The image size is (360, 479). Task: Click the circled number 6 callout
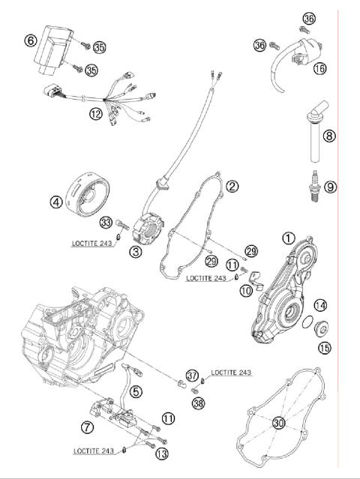click(31, 41)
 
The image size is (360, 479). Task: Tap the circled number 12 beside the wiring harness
click(94, 114)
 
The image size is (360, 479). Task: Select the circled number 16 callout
click(320, 67)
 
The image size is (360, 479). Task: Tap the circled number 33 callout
click(106, 223)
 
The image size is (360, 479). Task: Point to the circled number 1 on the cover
click(287, 238)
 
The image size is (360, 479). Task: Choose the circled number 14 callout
click(320, 305)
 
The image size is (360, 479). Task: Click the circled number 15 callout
click(324, 347)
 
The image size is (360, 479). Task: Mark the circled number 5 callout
click(136, 390)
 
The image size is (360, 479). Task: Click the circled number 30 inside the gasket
click(278, 424)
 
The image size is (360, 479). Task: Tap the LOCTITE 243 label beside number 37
click(232, 373)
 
